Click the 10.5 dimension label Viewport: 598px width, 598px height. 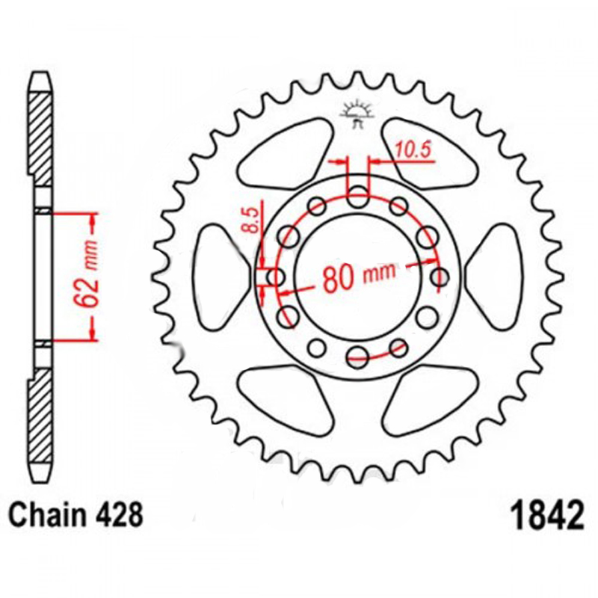click(413, 149)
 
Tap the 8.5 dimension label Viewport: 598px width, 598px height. click(251, 220)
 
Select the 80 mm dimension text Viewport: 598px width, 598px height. click(360, 275)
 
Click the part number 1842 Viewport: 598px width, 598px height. click(547, 515)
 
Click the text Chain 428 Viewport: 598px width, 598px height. click(76, 515)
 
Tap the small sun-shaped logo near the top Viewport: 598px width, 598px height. click(357, 114)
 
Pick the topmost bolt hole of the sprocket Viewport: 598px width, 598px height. click(358, 197)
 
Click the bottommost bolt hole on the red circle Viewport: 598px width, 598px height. click(357, 357)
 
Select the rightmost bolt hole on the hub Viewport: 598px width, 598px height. click(440, 277)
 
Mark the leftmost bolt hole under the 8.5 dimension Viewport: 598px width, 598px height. click(276, 277)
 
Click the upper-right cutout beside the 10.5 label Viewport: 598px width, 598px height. click(429, 154)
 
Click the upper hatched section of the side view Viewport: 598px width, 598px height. click(40, 139)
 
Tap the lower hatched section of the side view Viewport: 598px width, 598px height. click(40, 416)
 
